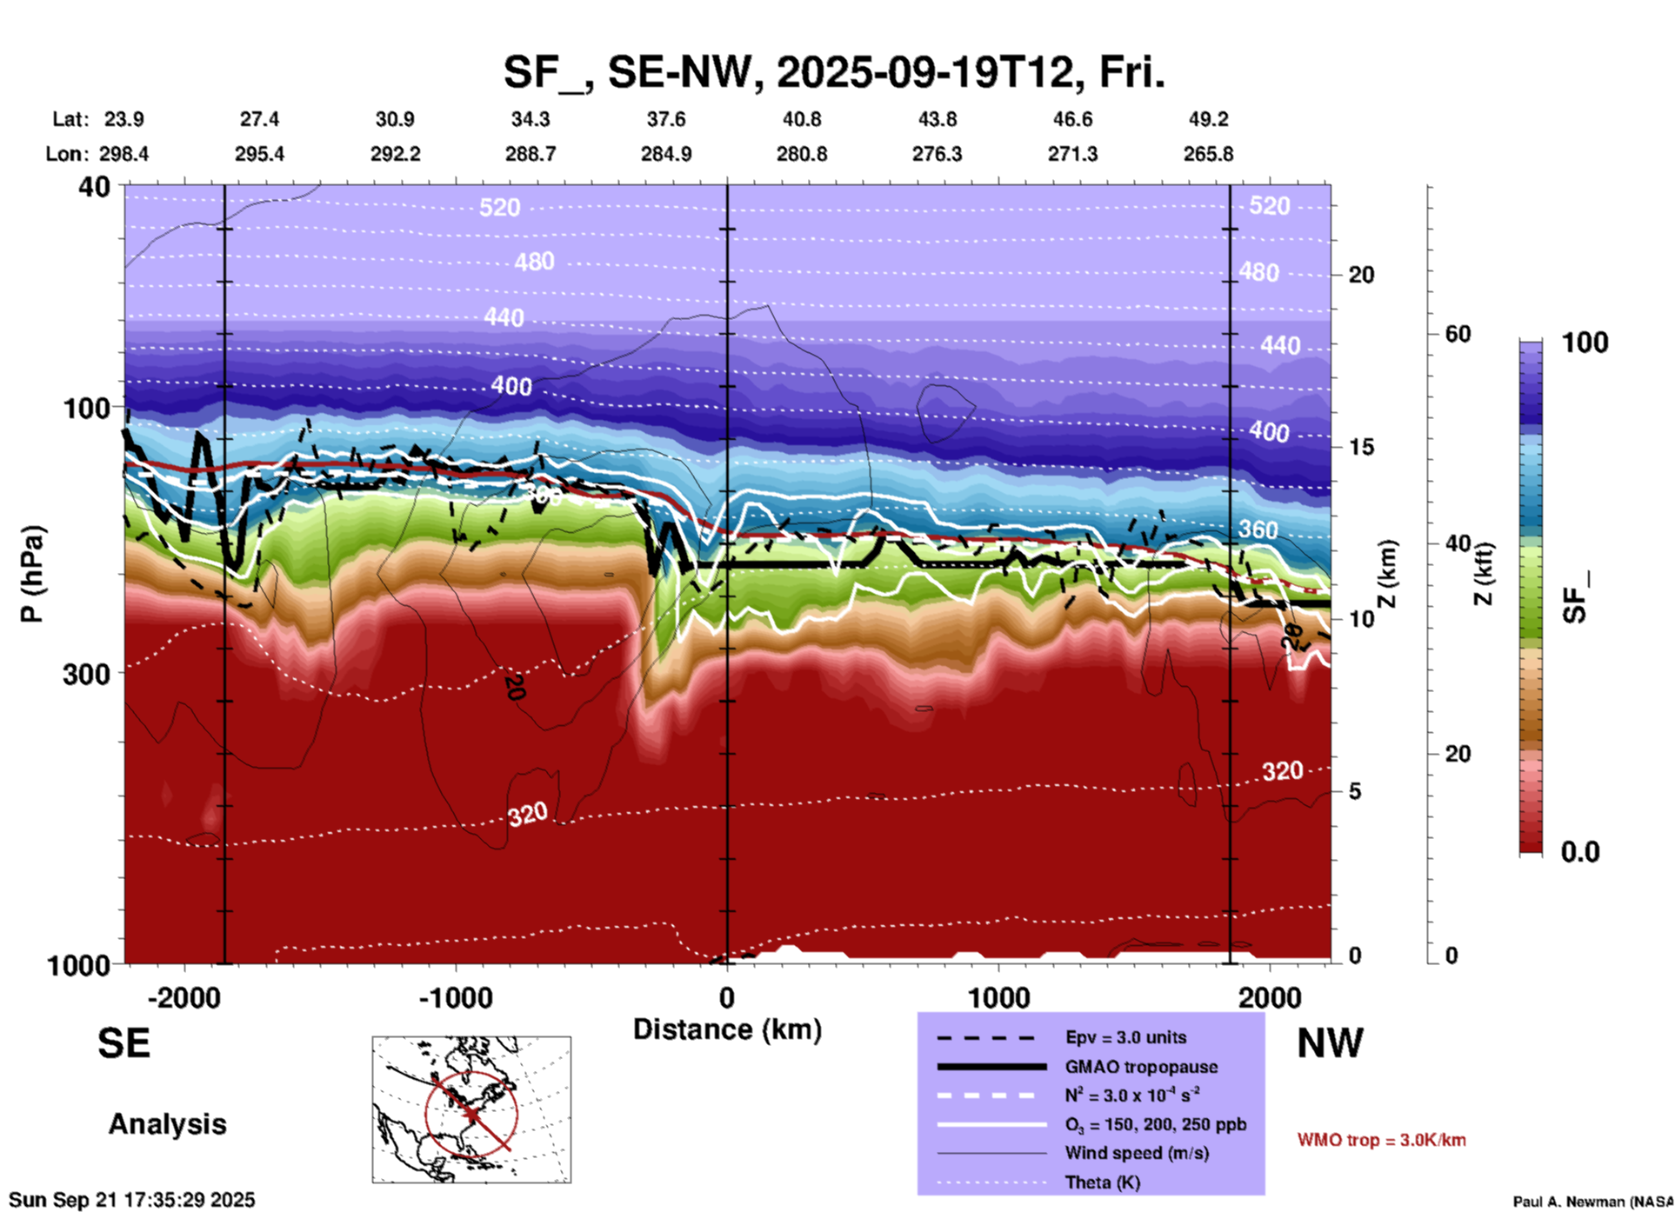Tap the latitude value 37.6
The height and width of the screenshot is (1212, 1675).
pyautogui.click(x=666, y=119)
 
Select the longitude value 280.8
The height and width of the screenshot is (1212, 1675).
pyautogui.click(x=801, y=154)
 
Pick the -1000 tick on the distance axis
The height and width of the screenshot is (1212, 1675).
pyautogui.click(x=455, y=997)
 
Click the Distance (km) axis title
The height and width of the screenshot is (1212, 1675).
pyautogui.click(x=727, y=1029)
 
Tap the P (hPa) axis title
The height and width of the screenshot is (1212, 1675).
pyautogui.click(x=32, y=574)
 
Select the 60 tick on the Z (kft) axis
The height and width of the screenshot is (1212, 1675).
pyautogui.click(x=1458, y=334)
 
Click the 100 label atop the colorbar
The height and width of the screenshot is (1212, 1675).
pyautogui.click(x=1585, y=343)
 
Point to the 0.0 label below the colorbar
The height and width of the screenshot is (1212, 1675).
pyautogui.click(x=1580, y=851)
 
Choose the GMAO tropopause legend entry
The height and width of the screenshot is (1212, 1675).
pyautogui.click(x=1141, y=1067)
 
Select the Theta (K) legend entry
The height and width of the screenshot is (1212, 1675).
pyautogui.click(x=1102, y=1182)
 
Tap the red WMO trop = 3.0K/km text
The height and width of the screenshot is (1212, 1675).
pyautogui.click(x=1381, y=1140)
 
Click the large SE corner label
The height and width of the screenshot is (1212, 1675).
pyautogui.click(x=123, y=1043)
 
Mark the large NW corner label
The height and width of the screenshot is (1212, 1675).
pyautogui.click(x=1330, y=1043)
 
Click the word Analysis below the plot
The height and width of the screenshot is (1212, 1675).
pyautogui.click(x=167, y=1124)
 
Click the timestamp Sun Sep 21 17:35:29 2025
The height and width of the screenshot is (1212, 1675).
pyautogui.click(x=132, y=1200)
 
